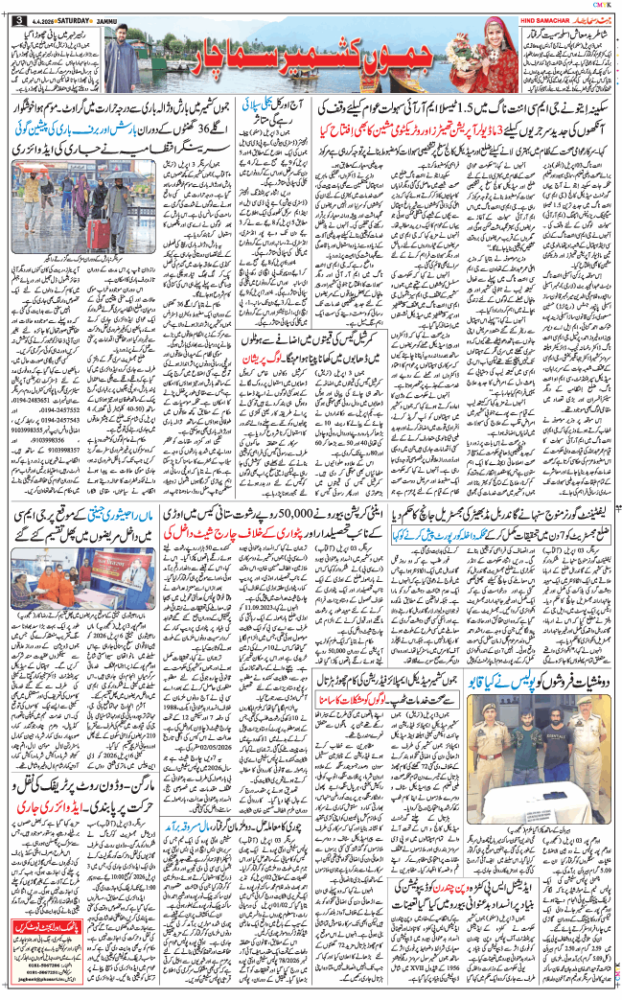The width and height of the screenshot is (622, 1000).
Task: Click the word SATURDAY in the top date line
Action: coord(64,22)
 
